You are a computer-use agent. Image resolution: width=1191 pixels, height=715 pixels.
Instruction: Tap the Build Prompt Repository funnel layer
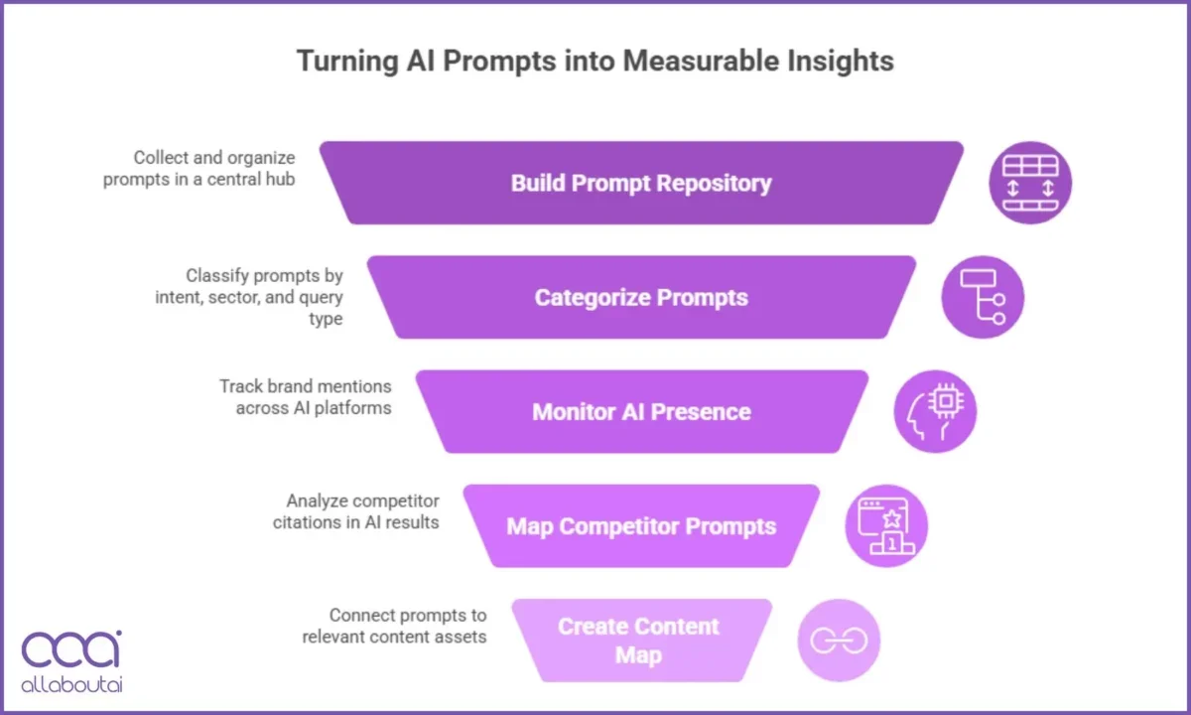coord(641,184)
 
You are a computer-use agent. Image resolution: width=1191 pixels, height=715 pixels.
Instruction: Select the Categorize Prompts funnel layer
coord(641,298)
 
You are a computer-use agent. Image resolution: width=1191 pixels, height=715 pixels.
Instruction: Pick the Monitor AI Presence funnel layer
coord(641,412)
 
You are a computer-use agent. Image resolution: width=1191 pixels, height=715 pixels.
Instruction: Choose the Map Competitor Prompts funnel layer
coord(641,526)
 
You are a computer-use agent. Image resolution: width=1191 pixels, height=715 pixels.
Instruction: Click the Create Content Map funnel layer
coord(639,641)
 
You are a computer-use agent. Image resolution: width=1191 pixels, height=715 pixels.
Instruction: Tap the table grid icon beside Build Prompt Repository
coord(1030,184)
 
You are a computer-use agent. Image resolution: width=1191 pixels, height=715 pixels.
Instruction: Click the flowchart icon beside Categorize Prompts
coord(983,298)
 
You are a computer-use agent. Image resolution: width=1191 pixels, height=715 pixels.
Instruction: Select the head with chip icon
coord(935,412)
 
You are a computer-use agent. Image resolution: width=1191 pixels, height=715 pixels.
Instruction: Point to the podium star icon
coord(886,526)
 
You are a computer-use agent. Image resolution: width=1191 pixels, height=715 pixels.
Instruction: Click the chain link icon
coord(839,641)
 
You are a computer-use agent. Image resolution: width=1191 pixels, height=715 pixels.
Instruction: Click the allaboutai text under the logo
coord(71,685)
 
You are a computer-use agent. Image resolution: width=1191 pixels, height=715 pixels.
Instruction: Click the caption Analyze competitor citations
coord(355,511)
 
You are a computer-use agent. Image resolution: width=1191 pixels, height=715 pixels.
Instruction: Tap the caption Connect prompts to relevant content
coord(394,626)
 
